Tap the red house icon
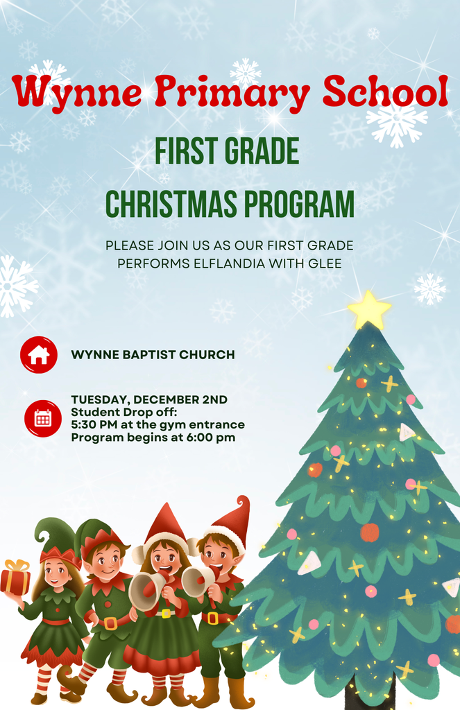pyautogui.click(x=39, y=355)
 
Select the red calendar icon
pyautogui.click(x=43, y=418)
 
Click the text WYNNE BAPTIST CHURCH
pyautogui.click(x=153, y=355)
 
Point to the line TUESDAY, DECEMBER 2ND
pyautogui.click(x=149, y=400)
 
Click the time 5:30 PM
pyautogui.click(x=96, y=425)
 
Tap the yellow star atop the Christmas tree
pyautogui.click(x=368, y=310)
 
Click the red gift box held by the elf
pyautogui.click(x=15, y=579)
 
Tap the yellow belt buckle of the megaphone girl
pyautogui.click(x=165, y=613)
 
